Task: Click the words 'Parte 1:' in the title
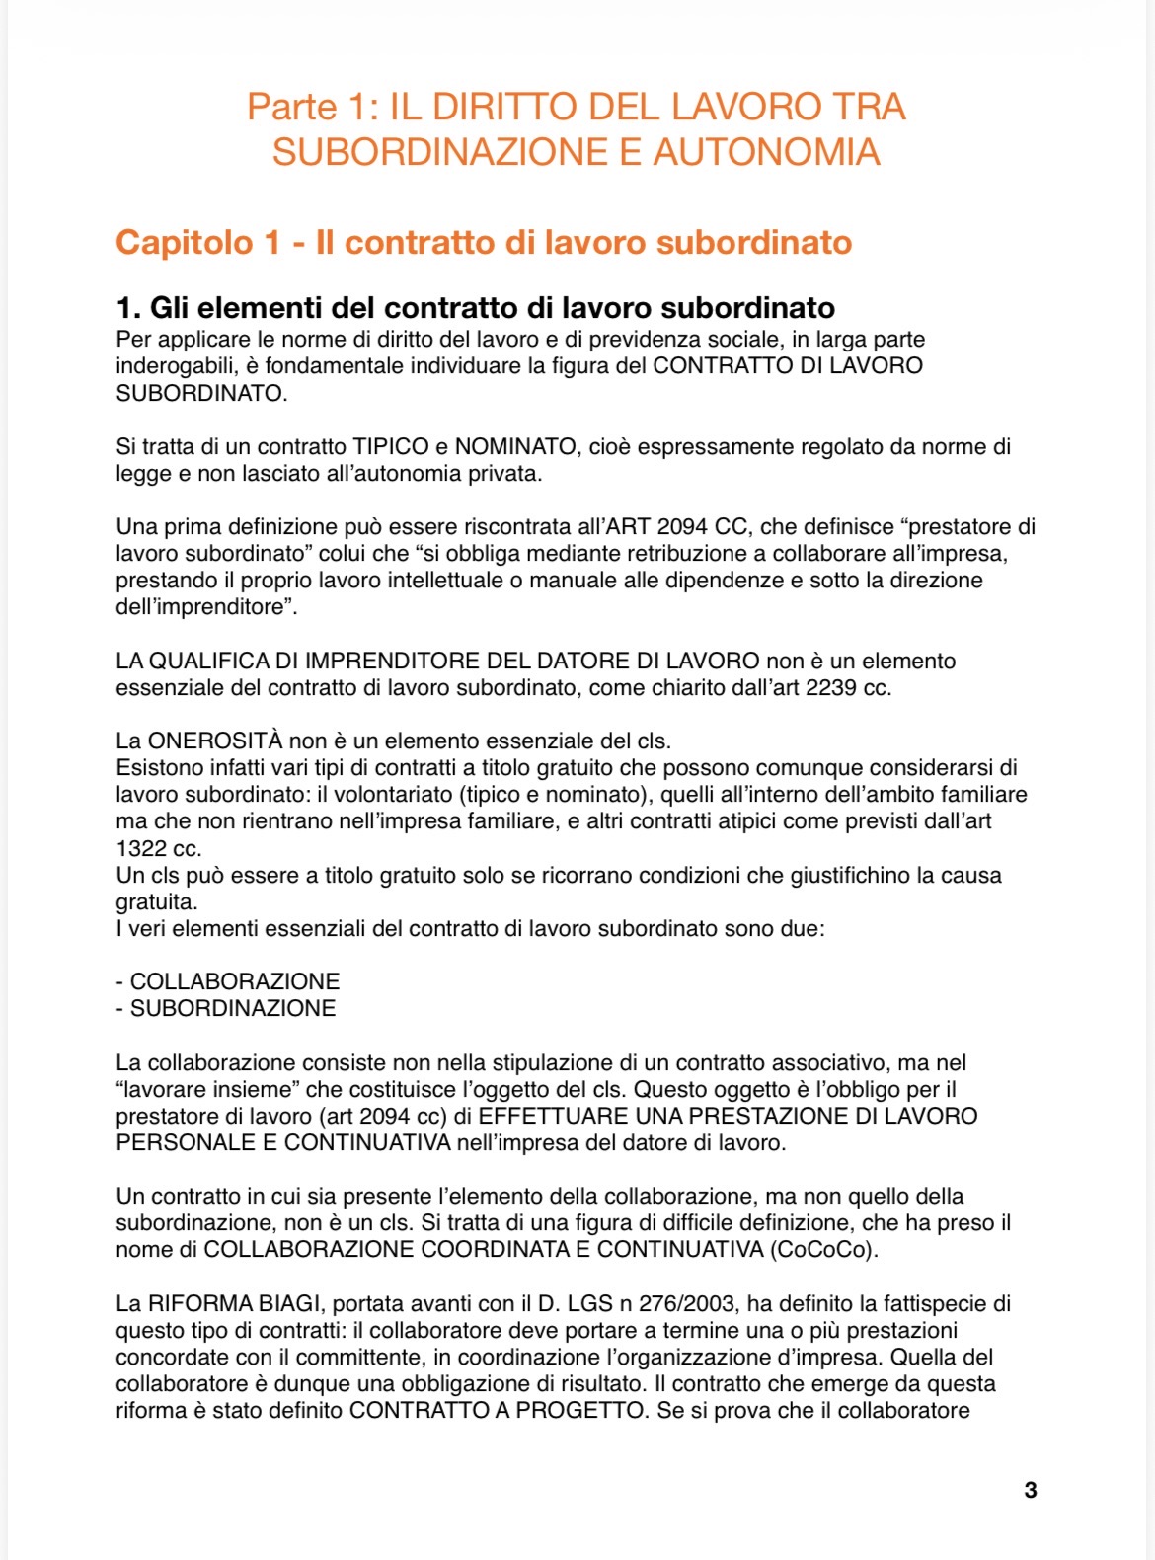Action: coord(313,107)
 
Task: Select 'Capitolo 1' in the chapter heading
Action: coord(198,243)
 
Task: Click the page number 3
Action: coord(1031,1490)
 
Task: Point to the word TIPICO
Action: coord(391,447)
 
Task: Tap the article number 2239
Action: coord(831,688)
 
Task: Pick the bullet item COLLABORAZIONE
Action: coord(235,981)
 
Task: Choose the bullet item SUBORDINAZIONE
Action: coord(233,1008)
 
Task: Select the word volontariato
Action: coord(397,795)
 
